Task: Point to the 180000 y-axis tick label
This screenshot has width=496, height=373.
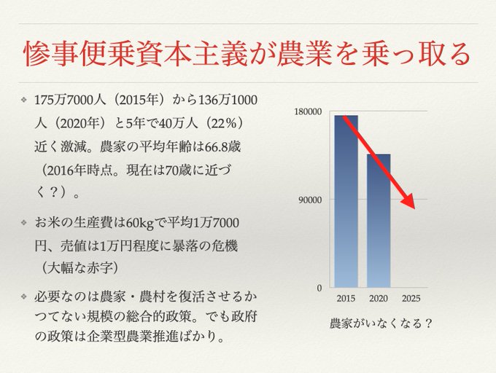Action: pos(309,111)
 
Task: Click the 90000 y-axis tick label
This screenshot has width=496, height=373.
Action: pos(311,200)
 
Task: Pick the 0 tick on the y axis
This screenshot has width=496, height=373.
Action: pos(319,288)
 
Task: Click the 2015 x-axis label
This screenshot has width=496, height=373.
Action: pos(346,299)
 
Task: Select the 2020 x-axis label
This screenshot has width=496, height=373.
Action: pos(378,299)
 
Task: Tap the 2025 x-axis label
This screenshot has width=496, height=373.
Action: pos(411,299)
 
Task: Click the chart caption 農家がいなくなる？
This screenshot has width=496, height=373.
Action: pos(380,322)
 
